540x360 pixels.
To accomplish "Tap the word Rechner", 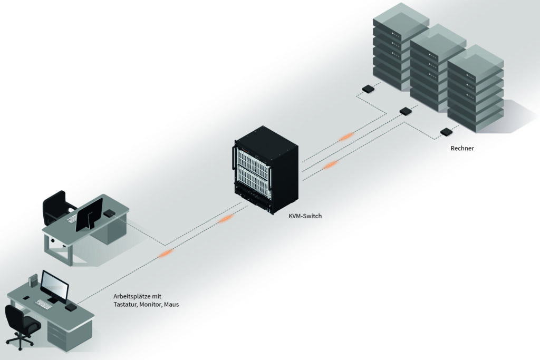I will coord(462,149).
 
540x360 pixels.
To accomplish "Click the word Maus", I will coord(171,305).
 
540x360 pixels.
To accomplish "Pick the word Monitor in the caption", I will coord(149,305).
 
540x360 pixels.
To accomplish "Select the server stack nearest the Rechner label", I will coord(475,90).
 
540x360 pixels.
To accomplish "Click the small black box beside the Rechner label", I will coord(446,132).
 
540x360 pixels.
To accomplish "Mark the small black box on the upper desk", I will coord(109,213).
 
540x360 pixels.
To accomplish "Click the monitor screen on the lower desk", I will coord(55,287).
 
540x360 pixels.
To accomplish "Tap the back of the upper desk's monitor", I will coord(89,214).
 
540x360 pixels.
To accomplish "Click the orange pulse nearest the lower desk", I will coord(166,254).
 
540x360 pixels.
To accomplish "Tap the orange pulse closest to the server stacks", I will coord(346,137).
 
